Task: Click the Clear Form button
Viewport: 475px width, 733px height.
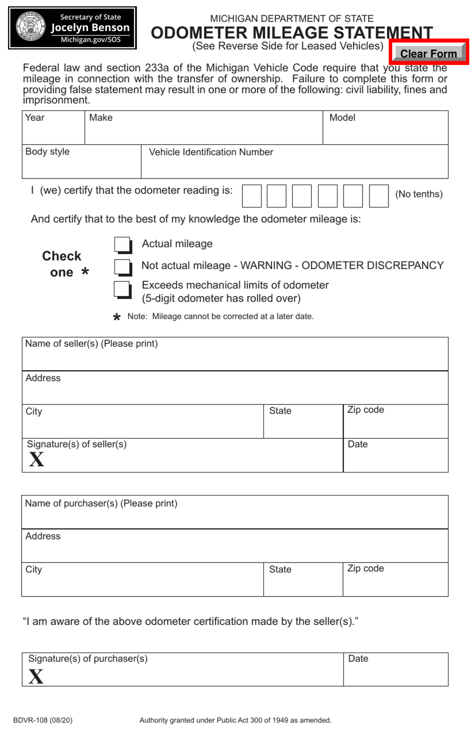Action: [x=428, y=53]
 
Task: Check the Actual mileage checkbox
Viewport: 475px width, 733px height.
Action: [x=122, y=245]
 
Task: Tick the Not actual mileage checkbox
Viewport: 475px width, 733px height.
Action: [x=122, y=266]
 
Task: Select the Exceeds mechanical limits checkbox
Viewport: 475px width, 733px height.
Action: [x=122, y=288]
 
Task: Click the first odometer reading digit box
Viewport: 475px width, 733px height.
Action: [x=251, y=195]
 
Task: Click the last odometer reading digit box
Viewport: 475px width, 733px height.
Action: [x=378, y=195]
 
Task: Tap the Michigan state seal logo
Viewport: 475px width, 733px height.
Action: [x=31, y=27]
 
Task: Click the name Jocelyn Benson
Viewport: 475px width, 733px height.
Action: [x=90, y=27]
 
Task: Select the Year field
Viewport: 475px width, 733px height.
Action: [x=53, y=131]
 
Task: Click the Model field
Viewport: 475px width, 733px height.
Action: [x=385, y=131]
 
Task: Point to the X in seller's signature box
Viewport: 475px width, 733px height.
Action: [x=36, y=459]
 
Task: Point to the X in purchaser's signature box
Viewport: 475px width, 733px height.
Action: [x=36, y=676]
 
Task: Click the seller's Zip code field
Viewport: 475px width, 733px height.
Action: [x=395, y=425]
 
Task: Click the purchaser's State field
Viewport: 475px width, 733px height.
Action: [x=302, y=583]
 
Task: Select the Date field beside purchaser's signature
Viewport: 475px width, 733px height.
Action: [x=395, y=673]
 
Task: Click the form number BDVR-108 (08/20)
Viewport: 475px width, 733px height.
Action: [x=42, y=720]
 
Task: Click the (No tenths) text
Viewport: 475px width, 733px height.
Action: [x=418, y=194]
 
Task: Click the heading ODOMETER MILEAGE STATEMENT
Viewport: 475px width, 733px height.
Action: [x=291, y=32]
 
